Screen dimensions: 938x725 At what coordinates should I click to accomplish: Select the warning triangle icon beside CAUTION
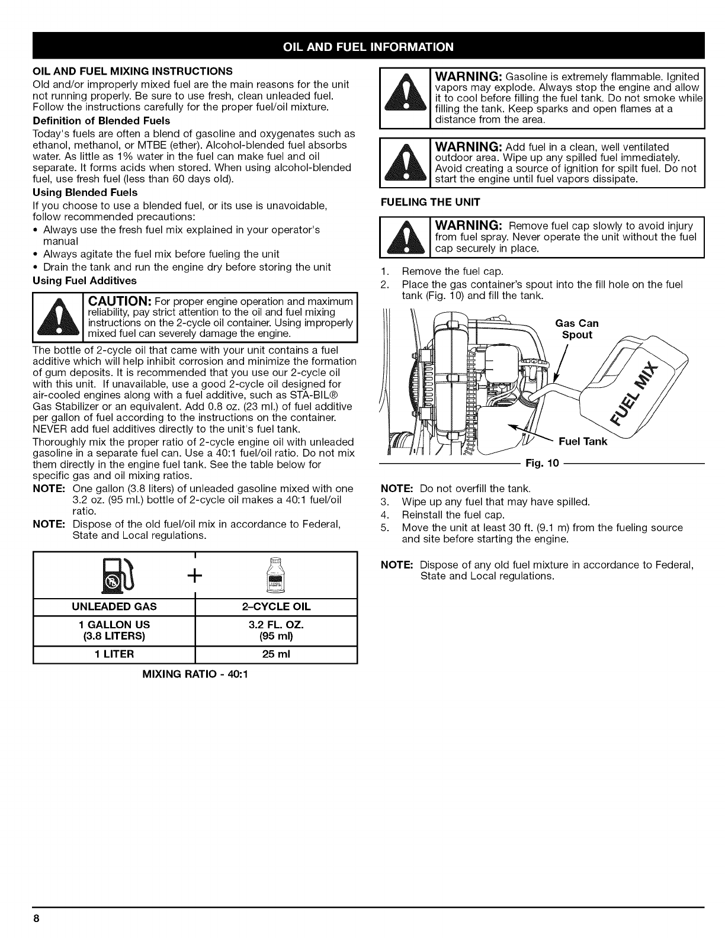tap(57, 317)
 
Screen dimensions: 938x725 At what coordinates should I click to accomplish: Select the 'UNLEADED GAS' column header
tap(114, 607)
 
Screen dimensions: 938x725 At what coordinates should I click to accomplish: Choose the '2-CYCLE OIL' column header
tap(277, 607)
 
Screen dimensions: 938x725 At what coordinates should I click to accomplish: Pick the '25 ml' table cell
tap(277, 654)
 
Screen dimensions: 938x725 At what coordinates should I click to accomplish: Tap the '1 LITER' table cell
tap(114, 654)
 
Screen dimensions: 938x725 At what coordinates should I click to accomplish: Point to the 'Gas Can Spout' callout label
tap(577, 329)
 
